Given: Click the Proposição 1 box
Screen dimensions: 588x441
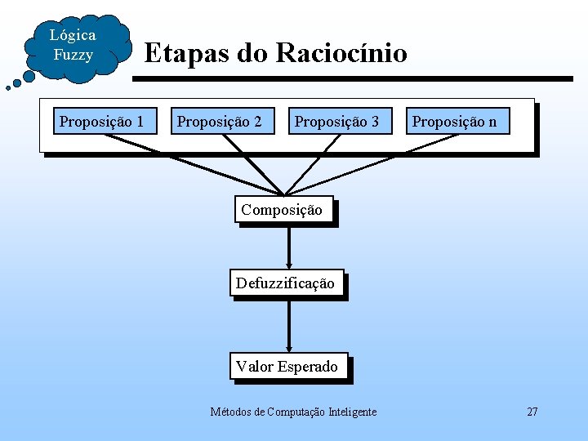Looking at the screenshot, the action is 102,122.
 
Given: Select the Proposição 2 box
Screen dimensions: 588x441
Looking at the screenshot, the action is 220,122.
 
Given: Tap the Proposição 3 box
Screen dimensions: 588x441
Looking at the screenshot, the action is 337,122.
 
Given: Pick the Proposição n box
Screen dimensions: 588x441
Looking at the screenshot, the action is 455,122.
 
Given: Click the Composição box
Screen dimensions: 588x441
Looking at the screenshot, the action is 282,209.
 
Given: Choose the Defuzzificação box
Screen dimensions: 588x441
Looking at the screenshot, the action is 285,283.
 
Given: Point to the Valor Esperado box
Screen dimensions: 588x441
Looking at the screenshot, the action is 287,367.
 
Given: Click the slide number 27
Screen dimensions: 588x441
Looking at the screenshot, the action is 532,412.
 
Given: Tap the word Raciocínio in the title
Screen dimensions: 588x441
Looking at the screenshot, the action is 341,54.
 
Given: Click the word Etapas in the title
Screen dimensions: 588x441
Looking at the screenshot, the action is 186,54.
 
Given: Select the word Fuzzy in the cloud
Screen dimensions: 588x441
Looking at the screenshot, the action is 73,56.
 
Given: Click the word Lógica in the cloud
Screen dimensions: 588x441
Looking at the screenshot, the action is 73,35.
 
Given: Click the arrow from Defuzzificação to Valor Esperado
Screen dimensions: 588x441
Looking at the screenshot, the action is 288,327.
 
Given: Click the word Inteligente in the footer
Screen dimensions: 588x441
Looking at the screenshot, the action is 353,412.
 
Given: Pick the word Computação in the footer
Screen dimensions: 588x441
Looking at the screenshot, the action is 295,412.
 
